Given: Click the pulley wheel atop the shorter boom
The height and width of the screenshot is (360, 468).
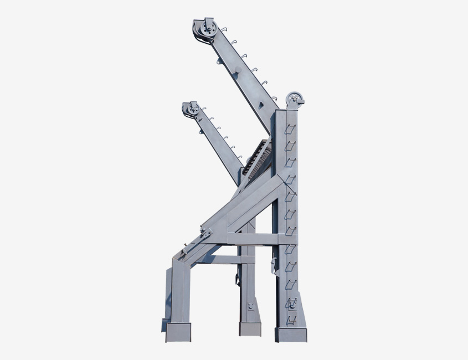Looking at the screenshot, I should [192, 109].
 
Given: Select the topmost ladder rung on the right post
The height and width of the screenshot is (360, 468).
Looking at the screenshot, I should [290, 128].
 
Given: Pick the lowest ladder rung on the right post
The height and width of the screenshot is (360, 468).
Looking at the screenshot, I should [291, 320].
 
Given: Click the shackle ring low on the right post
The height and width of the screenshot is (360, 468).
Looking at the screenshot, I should [292, 303].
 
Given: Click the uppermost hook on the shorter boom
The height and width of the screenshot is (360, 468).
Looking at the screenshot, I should [204, 109].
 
